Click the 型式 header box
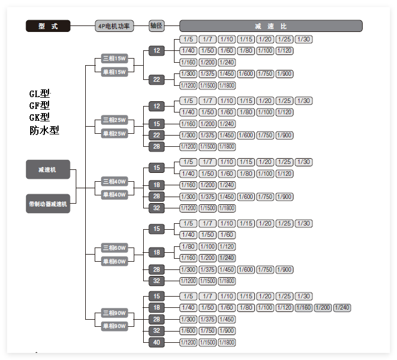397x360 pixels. click(48, 26)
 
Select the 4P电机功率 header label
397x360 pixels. click(115, 26)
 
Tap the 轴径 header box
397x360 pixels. click(156, 26)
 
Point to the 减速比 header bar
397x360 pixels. click(270, 26)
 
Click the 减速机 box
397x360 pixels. click(48, 169)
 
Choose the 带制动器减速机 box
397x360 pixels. click(48, 204)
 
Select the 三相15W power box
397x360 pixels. click(115, 59)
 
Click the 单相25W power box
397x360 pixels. click(115, 133)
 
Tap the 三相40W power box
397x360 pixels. click(115, 182)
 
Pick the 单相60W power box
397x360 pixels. click(115, 261)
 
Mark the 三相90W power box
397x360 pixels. click(115, 313)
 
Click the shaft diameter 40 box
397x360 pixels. click(157, 342)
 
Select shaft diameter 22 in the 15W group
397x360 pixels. click(157, 79)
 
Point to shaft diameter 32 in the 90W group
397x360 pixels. click(157, 330)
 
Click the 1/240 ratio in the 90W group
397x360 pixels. click(342, 307)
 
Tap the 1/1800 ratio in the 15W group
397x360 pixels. click(227, 85)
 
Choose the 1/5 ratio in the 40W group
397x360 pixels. click(188, 162)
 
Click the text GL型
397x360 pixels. click(40, 94)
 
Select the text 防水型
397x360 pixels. click(44, 130)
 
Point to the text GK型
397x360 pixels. click(40, 117)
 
